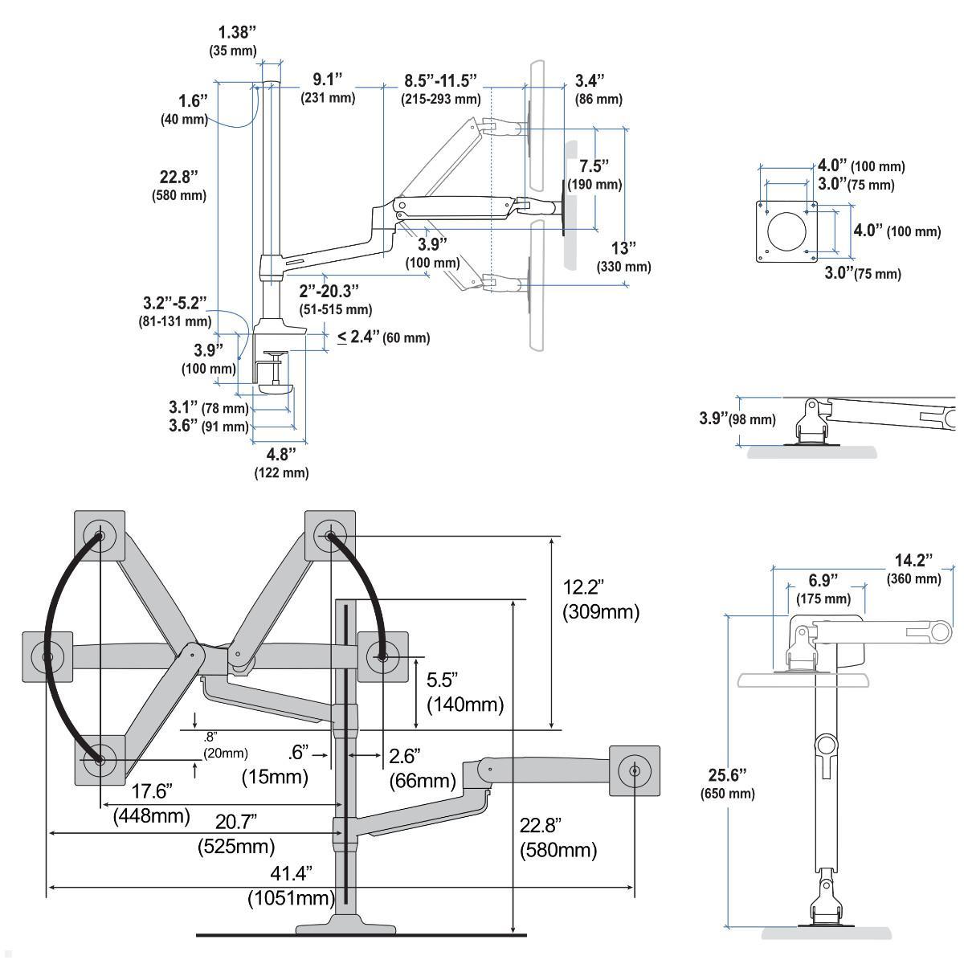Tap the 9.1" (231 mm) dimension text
coord(328,88)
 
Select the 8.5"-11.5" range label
coord(440,88)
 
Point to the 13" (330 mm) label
coord(623,256)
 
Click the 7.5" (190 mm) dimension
coord(594,174)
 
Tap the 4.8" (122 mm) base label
coord(281,463)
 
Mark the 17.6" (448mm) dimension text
coord(152,803)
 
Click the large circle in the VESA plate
coord(790,231)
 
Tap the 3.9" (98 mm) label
coord(737,419)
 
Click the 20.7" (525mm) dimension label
coord(236,833)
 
